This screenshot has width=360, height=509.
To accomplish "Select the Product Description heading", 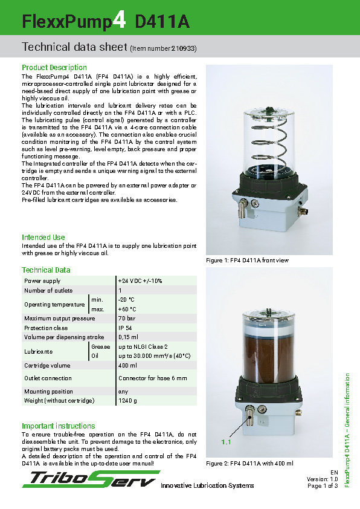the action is tap(54, 68).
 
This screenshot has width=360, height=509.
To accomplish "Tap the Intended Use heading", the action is tap(43, 238).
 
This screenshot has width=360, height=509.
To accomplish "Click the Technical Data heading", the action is tap(46, 270).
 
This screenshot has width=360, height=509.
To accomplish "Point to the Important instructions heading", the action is tap(58, 426).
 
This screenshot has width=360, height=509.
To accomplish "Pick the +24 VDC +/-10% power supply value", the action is tap(140, 281).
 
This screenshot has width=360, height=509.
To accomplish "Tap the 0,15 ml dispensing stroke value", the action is tap(128, 337).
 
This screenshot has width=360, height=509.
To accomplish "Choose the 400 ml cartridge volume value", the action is tap(127, 366).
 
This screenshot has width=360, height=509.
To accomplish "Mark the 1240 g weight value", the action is tap(127, 401).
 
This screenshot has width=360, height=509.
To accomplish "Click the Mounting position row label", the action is tap(48, 392).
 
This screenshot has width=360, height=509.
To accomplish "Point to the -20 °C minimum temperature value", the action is tap(126, 300).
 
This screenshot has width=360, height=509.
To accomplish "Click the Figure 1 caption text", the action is tap(248, 260).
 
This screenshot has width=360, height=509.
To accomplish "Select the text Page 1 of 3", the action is tap(322, 485).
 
